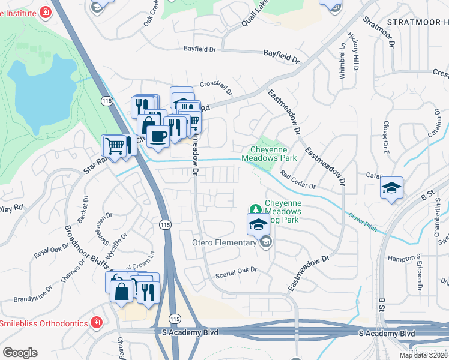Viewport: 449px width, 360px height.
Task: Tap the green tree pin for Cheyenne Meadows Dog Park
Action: (256, 209)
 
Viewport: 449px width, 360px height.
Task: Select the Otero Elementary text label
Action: (223, 242)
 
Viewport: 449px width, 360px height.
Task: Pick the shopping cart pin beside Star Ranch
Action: (114, 145)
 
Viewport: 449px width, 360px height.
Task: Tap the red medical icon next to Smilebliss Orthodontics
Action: (96, 323)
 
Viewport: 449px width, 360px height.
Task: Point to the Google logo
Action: (20, 352)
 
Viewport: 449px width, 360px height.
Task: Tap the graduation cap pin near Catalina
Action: (391, 188)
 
